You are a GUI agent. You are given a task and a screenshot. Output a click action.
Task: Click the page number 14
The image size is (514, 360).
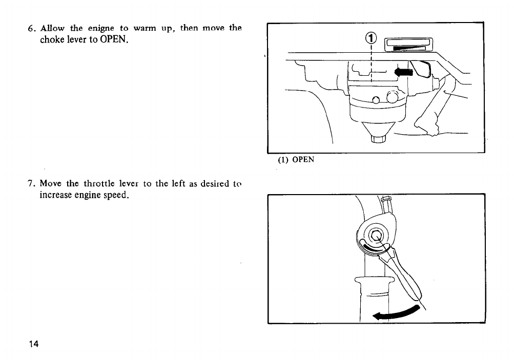click(x=34, y=343)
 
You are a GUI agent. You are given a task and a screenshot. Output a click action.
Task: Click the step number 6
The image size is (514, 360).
click(x=30, y=28)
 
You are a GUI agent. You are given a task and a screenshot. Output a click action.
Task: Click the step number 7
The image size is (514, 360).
click(x=30, y=183)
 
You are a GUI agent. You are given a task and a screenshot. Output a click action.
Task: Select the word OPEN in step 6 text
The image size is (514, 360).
click(x=112, y=39)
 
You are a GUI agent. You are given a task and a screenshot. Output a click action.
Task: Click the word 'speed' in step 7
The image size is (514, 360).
click(x=113, y=195)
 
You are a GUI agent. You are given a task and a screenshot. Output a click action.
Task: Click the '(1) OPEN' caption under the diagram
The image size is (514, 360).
click(x=296, y=159)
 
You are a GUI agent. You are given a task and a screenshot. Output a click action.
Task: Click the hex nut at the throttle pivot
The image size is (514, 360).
click(x=377, y=236)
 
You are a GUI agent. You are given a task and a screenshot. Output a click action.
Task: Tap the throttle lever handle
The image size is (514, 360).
click(x=407, y=279)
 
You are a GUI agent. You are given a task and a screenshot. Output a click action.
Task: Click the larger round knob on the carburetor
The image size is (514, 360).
click(x=394, y=97)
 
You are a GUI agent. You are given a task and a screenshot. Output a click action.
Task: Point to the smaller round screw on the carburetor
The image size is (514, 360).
click(x=377, y=100)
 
